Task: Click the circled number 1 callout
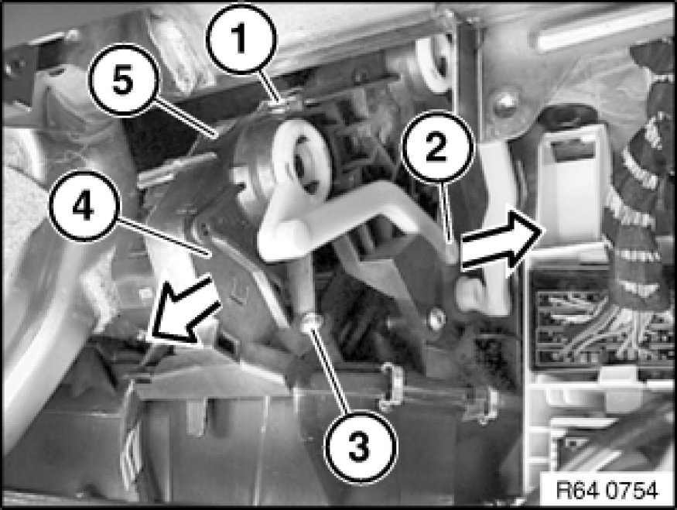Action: point(240,38)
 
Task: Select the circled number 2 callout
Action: point(437,147)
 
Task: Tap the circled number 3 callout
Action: point(360,445)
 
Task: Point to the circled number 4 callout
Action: point(83,206)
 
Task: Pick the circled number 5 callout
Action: point(124,80)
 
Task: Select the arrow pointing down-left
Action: point(183,310)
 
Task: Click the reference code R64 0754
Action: point(607,491)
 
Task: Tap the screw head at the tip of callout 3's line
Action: point(312,322)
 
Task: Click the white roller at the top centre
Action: point(434,65)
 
